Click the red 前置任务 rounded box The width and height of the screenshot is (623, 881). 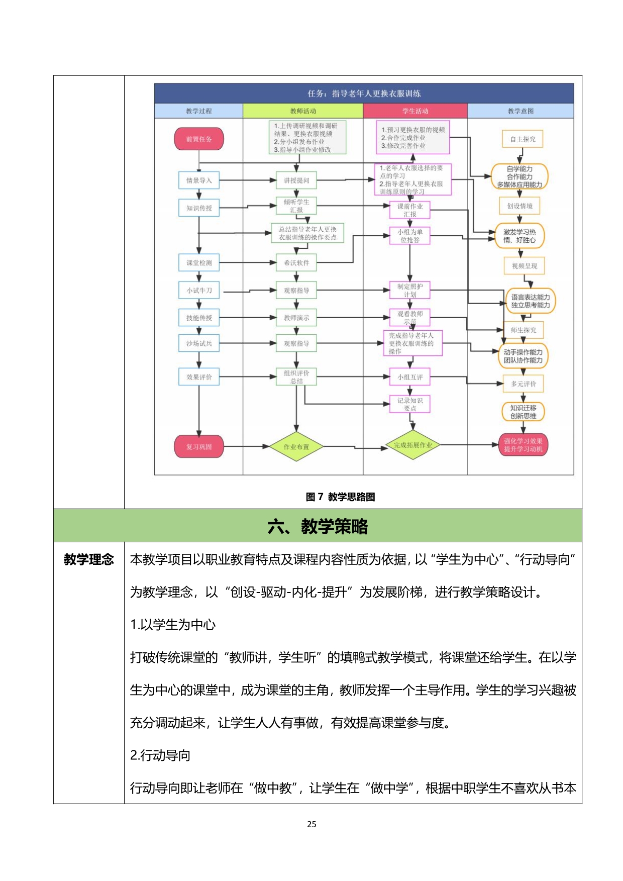pos(199,139)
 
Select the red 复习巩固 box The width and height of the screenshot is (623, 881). pos(199,446)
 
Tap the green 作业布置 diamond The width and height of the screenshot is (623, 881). pos(296,446)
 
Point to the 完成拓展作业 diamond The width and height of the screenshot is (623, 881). pos(412,445)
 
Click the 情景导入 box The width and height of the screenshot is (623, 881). pos(199,180)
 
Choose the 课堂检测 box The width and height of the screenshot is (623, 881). pos(199,263)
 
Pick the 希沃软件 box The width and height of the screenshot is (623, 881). pos(296,263)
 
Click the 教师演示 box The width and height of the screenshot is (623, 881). pos(296,318)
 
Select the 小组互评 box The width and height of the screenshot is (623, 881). pos(410,377)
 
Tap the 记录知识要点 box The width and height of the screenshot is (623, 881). pos(410,404)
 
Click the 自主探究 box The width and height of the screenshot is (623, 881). pos(523,139)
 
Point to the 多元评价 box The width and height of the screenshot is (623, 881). pos(523,384)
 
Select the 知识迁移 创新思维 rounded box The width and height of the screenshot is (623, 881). pos(523,412)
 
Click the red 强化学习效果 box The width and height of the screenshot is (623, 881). pos(523,445)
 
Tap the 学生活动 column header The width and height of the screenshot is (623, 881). pos(415,111)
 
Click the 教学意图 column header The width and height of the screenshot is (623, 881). pos(521,111)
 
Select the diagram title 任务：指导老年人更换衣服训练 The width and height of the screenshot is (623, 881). pos(364,93)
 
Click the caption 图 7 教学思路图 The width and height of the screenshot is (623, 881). pos(340,497)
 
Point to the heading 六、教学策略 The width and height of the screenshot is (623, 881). pos(318,526)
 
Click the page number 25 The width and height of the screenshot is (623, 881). pos(311,824)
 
